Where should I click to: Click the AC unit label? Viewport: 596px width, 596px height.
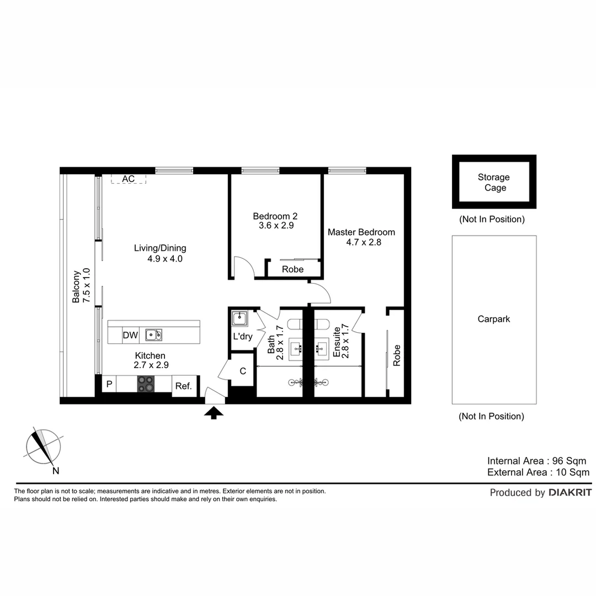[129, 179]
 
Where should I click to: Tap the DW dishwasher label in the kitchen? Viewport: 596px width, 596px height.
[130, 335]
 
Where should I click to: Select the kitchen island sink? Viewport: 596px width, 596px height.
[153, 334]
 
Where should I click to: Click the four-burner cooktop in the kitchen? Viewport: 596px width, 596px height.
[146, 384]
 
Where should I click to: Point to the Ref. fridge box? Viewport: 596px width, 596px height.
[183, 386]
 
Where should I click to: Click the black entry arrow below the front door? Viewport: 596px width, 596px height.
[214, 413]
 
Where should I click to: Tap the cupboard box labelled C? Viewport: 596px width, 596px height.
[242, 371]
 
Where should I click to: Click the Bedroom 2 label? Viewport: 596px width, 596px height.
[275, 216]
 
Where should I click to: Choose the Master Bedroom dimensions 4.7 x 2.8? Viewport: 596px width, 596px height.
[362, 242]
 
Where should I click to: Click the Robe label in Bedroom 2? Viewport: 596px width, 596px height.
[292, 269]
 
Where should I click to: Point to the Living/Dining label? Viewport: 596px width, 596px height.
[160, 248]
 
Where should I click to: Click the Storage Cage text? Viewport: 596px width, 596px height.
[494, 182]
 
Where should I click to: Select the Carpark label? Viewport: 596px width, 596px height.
[494, 319]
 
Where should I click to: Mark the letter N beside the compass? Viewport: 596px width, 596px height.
[56, 471]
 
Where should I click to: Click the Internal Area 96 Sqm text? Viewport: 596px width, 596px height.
[536, 461]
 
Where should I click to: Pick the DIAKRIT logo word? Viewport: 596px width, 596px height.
[570, 493]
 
